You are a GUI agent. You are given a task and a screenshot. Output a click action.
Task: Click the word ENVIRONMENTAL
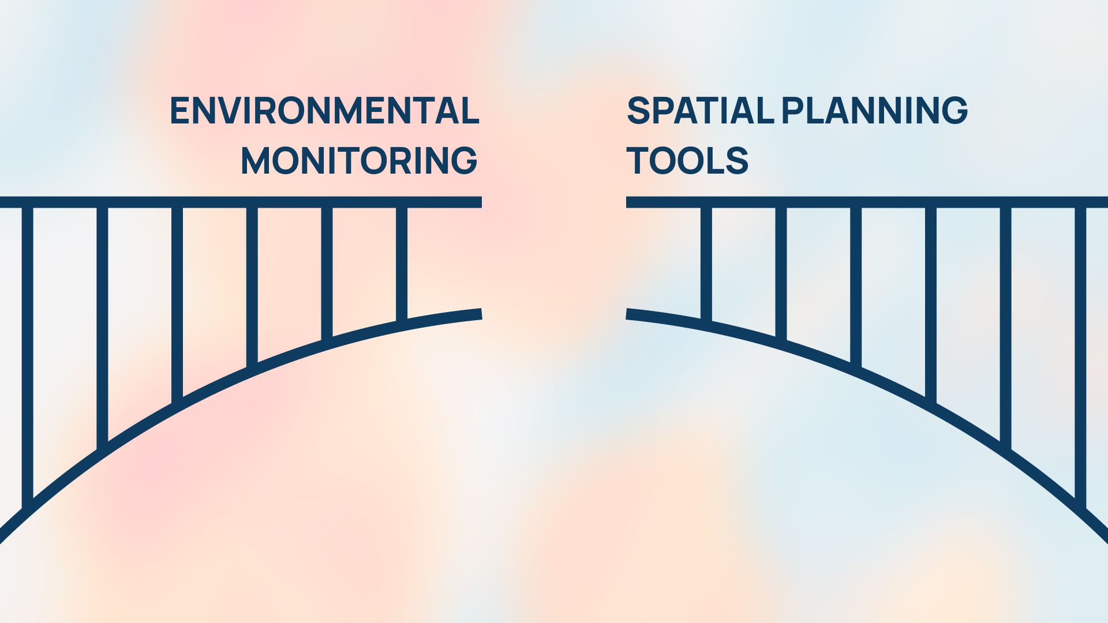tap(324, 111)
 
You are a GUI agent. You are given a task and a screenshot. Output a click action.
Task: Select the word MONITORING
tap(359, 160)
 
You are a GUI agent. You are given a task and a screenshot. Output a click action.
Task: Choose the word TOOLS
tap(687, 160)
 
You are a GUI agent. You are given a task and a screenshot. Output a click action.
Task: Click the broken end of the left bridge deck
tap(481, 202)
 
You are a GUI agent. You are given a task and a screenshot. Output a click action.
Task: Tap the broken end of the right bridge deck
tap(627, 202)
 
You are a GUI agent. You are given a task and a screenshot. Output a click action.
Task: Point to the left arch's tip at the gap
tap(481, 314)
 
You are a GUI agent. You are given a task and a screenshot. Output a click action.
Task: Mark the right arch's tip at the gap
tap(627, 314)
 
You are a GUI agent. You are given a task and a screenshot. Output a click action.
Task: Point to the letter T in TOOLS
tap(638, 160)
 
